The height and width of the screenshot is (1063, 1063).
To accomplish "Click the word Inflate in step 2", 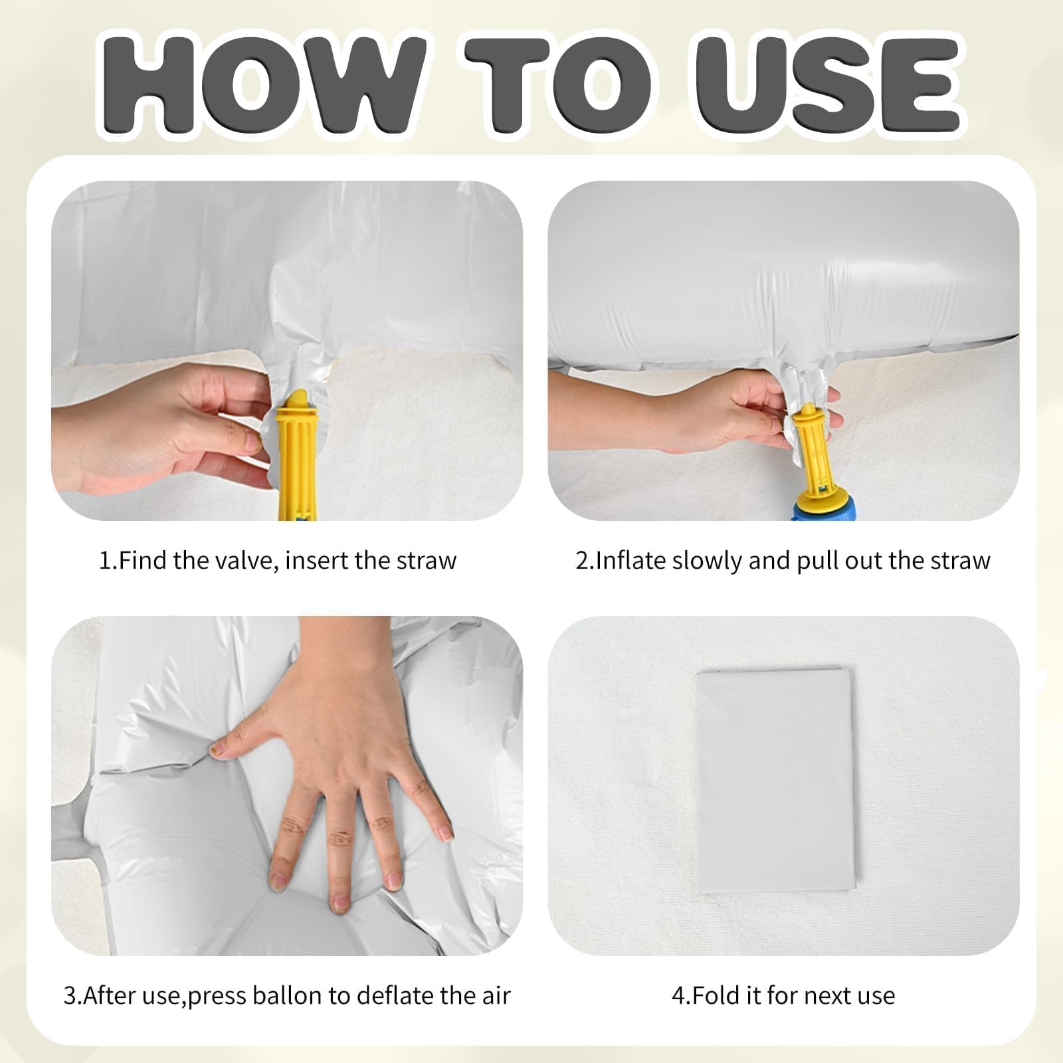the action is coord(630,561).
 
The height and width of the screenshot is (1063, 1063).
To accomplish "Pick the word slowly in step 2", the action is coord(707,561).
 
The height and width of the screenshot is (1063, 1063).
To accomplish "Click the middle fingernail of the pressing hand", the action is coord(339,902).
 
